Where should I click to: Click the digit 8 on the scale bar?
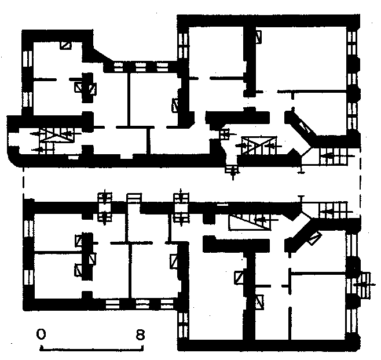(x=141, y=334)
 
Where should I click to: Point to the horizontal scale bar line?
(x=91, y=350)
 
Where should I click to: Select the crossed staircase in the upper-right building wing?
(x=259, y=146)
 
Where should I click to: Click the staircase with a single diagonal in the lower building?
(x=250, y=222)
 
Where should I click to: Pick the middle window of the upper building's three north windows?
(x=141, y=67)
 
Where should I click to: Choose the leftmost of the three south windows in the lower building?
(x=112, y=304)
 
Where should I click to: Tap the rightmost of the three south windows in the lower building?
(x=167, y=304)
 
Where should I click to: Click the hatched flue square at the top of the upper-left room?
(x=66, y=45)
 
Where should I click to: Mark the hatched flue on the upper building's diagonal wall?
(x=305, y=127)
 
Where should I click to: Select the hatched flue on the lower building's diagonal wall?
(x=315, y=239)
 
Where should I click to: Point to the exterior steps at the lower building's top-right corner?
(x=334, y=210)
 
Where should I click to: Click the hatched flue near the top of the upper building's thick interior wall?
(x=258, y=37)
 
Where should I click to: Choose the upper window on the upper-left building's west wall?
(x=27, y=59)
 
